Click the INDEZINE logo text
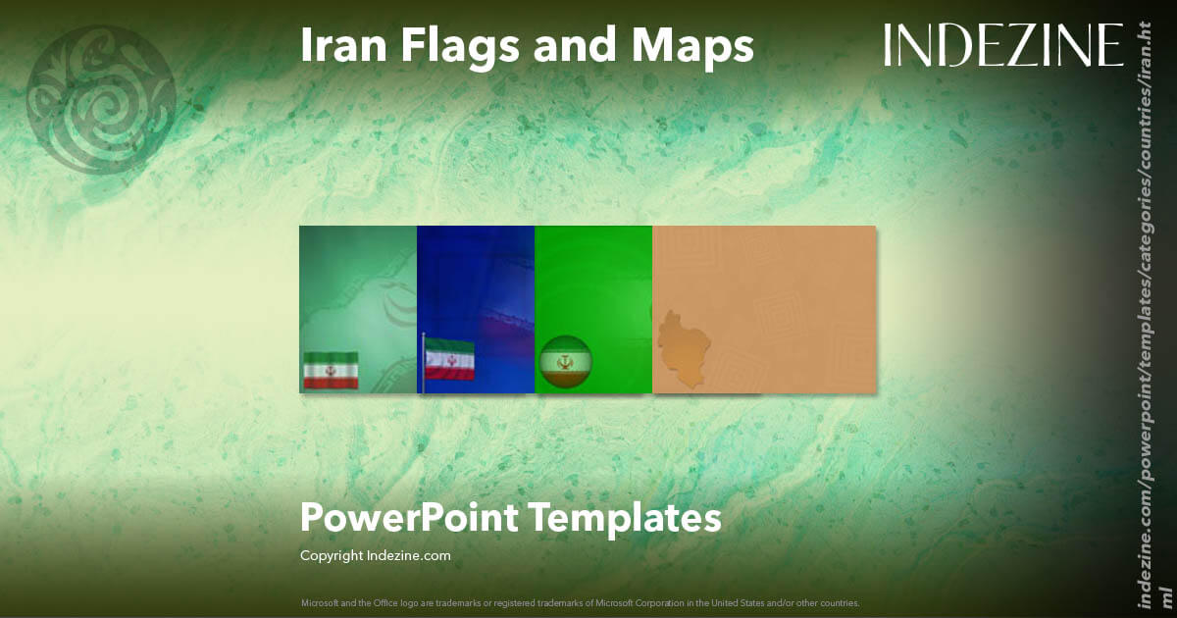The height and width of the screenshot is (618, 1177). [x=1002, y=45]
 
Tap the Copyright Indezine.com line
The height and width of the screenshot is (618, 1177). [x=375, y=556]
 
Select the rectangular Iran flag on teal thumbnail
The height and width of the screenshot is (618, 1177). [x=331, y=370]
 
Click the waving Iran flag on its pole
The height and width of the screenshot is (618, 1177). [x=450, y=360]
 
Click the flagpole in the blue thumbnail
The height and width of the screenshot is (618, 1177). [x=423, y=364]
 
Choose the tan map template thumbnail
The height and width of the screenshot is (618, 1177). [x=764, y=309]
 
